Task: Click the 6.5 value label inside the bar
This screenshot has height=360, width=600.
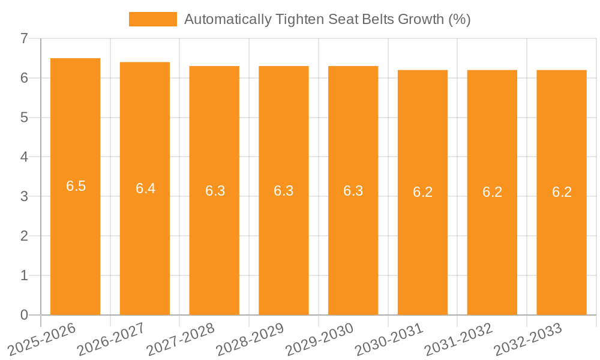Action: coord(76,186)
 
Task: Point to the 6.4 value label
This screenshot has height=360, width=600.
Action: coord(145,188)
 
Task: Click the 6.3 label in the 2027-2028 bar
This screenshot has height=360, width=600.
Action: coord(215,191)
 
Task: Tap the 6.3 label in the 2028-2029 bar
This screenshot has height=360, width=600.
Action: coord(284,191)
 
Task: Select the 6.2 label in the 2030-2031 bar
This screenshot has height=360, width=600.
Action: coord(422,193)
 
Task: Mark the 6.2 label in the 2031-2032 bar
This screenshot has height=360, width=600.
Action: coord(492,193)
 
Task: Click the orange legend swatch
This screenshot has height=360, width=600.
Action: coord(152,19)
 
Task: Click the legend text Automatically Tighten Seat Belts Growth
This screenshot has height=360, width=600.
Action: coord(327,19)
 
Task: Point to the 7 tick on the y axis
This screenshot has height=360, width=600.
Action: coord(24,38)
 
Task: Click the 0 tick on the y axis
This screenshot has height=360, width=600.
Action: coord(24,315)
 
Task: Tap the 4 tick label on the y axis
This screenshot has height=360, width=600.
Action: coord(24,157)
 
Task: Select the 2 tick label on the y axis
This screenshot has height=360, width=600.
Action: coord(24,236)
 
